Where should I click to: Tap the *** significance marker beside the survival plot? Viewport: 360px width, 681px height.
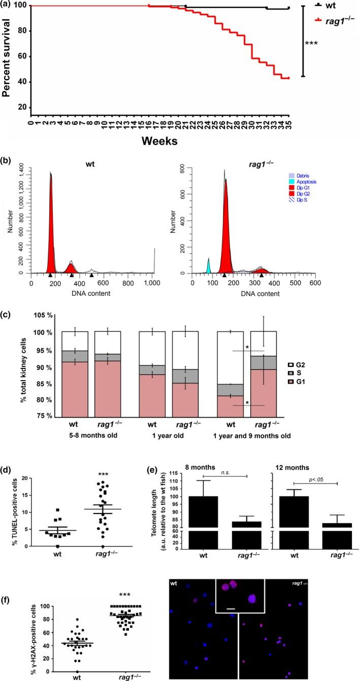coord(311,44)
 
